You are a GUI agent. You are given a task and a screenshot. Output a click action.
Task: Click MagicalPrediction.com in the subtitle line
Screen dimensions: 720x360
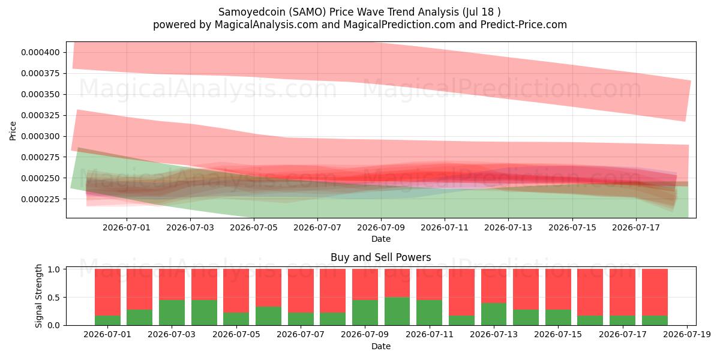[x=399, y=25]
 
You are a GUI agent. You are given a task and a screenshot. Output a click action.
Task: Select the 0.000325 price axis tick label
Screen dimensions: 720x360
[x=40, y=115]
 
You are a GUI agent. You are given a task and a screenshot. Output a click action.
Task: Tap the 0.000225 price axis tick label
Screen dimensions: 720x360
[x=40, y=199]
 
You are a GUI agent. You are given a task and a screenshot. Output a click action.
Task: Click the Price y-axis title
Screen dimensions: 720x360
[x=13, y=131]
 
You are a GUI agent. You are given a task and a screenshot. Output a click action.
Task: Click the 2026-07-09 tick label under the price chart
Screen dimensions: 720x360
[x=381, y=227]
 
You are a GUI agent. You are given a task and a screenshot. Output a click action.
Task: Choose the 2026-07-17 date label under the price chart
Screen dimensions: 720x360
[x=636, y=227]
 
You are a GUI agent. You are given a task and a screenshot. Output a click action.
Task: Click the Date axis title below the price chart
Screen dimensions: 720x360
[x=381, y=239]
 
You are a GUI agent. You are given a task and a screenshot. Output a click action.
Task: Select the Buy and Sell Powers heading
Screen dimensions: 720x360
[x=381, y=257]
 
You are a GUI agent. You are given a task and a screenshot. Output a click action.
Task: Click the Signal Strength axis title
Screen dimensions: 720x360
[x=38, y=296]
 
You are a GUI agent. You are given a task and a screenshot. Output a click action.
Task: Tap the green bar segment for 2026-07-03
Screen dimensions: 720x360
[x=172, y=313]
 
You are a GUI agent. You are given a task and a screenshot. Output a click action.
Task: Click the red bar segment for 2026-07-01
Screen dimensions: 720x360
[x=107, y=292]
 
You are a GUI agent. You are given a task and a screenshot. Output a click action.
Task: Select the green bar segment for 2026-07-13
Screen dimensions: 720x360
[x=494, y=314]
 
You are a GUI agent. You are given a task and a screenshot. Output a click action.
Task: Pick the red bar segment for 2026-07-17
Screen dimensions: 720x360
[x=623, y=292]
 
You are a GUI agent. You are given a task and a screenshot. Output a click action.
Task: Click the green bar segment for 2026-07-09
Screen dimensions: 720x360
[x=365, y=313]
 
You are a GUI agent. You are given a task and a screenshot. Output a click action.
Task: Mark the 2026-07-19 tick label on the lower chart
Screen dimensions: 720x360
[x=687, y=335]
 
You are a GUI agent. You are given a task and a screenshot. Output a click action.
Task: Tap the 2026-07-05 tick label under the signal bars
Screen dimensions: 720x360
[x=236, y=335]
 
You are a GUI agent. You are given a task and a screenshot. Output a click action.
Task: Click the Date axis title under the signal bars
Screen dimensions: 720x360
[x=381, y=346]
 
